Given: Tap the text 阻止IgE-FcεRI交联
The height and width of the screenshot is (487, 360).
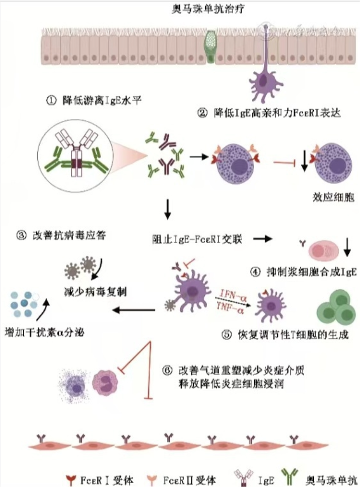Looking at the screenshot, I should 196,239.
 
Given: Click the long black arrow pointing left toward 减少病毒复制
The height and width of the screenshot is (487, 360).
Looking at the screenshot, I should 135,309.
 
